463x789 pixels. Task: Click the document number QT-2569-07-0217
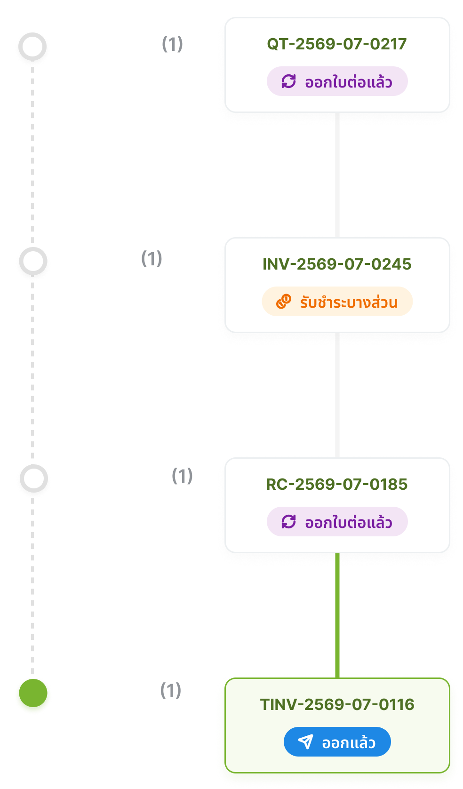[x=337, y=44]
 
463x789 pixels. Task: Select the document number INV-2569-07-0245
[x=337, y=264]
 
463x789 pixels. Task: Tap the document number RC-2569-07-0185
[x=337, y=484]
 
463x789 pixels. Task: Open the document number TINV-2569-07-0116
[x=337, y=704]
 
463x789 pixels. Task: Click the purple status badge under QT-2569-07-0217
[x=337, y=81]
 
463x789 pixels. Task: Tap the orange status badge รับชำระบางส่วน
[x=337, y=302]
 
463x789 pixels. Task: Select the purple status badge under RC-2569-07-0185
[x=337, y=522]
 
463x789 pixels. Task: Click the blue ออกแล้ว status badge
[x=337, y=742]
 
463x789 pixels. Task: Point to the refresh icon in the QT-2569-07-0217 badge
[x=288, y=81]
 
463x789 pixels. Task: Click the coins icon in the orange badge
[x=284, y=302]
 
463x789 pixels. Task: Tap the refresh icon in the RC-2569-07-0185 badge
[x=288, y=522]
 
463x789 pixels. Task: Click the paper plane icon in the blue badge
[x=305, y=742]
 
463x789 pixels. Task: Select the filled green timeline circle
[x=33, y=693]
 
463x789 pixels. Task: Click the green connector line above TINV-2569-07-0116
[x=337, y=615]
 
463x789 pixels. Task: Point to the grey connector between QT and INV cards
[x=337, y=175]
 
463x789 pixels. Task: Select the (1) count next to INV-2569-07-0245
[x=152, y=259]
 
